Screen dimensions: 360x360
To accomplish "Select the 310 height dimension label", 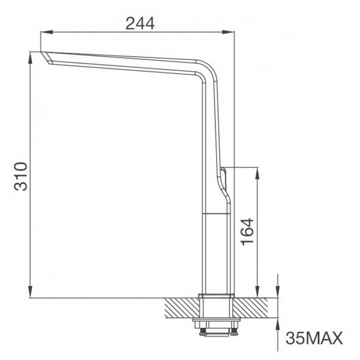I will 21,175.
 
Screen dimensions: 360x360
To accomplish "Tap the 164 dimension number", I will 247,230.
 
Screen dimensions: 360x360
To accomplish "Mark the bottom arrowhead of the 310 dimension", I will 31,293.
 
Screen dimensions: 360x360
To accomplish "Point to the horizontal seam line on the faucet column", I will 217,214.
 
